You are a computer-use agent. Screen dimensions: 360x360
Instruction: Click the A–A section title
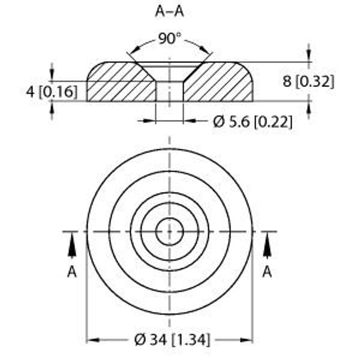tap(169, 11)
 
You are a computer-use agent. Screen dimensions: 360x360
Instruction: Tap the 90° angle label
tap(169, 38)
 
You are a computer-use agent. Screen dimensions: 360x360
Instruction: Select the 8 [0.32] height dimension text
tap(308, 82)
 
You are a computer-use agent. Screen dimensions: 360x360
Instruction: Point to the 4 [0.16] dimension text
tap(52, 92)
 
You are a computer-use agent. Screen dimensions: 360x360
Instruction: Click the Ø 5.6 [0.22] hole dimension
tap(253, 121)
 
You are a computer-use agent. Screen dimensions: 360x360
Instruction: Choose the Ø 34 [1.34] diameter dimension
tap(172, 340)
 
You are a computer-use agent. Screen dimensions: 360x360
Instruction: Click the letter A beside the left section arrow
tap(72, 272)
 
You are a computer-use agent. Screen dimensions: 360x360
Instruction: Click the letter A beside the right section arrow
tap(267, 272)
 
